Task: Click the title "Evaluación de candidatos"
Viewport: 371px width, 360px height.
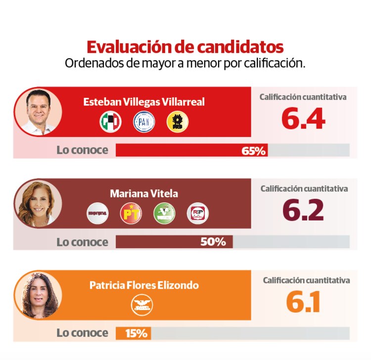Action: (x=185, y=47)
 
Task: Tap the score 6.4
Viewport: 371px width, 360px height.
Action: (x=303, y=119)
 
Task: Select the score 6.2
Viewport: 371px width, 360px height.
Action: (x=303, y=211)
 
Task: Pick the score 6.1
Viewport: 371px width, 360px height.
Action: (x=303, y=302)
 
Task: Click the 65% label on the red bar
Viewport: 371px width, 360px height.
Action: (x=254, y=150)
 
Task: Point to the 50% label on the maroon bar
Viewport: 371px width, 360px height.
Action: (x=213, y=242)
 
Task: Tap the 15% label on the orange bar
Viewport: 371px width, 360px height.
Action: (x=136, y=333)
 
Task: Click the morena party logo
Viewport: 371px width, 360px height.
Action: (x=97, y=214)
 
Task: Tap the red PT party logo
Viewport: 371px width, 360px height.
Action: (x=131, y=214)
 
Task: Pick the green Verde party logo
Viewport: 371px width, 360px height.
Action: (x=164, y=214)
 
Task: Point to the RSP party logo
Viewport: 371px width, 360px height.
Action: (x=197, y=214)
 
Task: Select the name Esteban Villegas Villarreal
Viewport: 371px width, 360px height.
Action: (x=144, y=102)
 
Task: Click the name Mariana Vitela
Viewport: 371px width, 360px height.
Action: (x=144, y=193)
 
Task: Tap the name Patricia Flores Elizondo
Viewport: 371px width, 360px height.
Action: (x=144, y=285)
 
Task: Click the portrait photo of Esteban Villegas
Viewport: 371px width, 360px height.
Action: (x=38, y=112)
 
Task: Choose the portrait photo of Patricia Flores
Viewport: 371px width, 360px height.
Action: (x=38, y=295)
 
